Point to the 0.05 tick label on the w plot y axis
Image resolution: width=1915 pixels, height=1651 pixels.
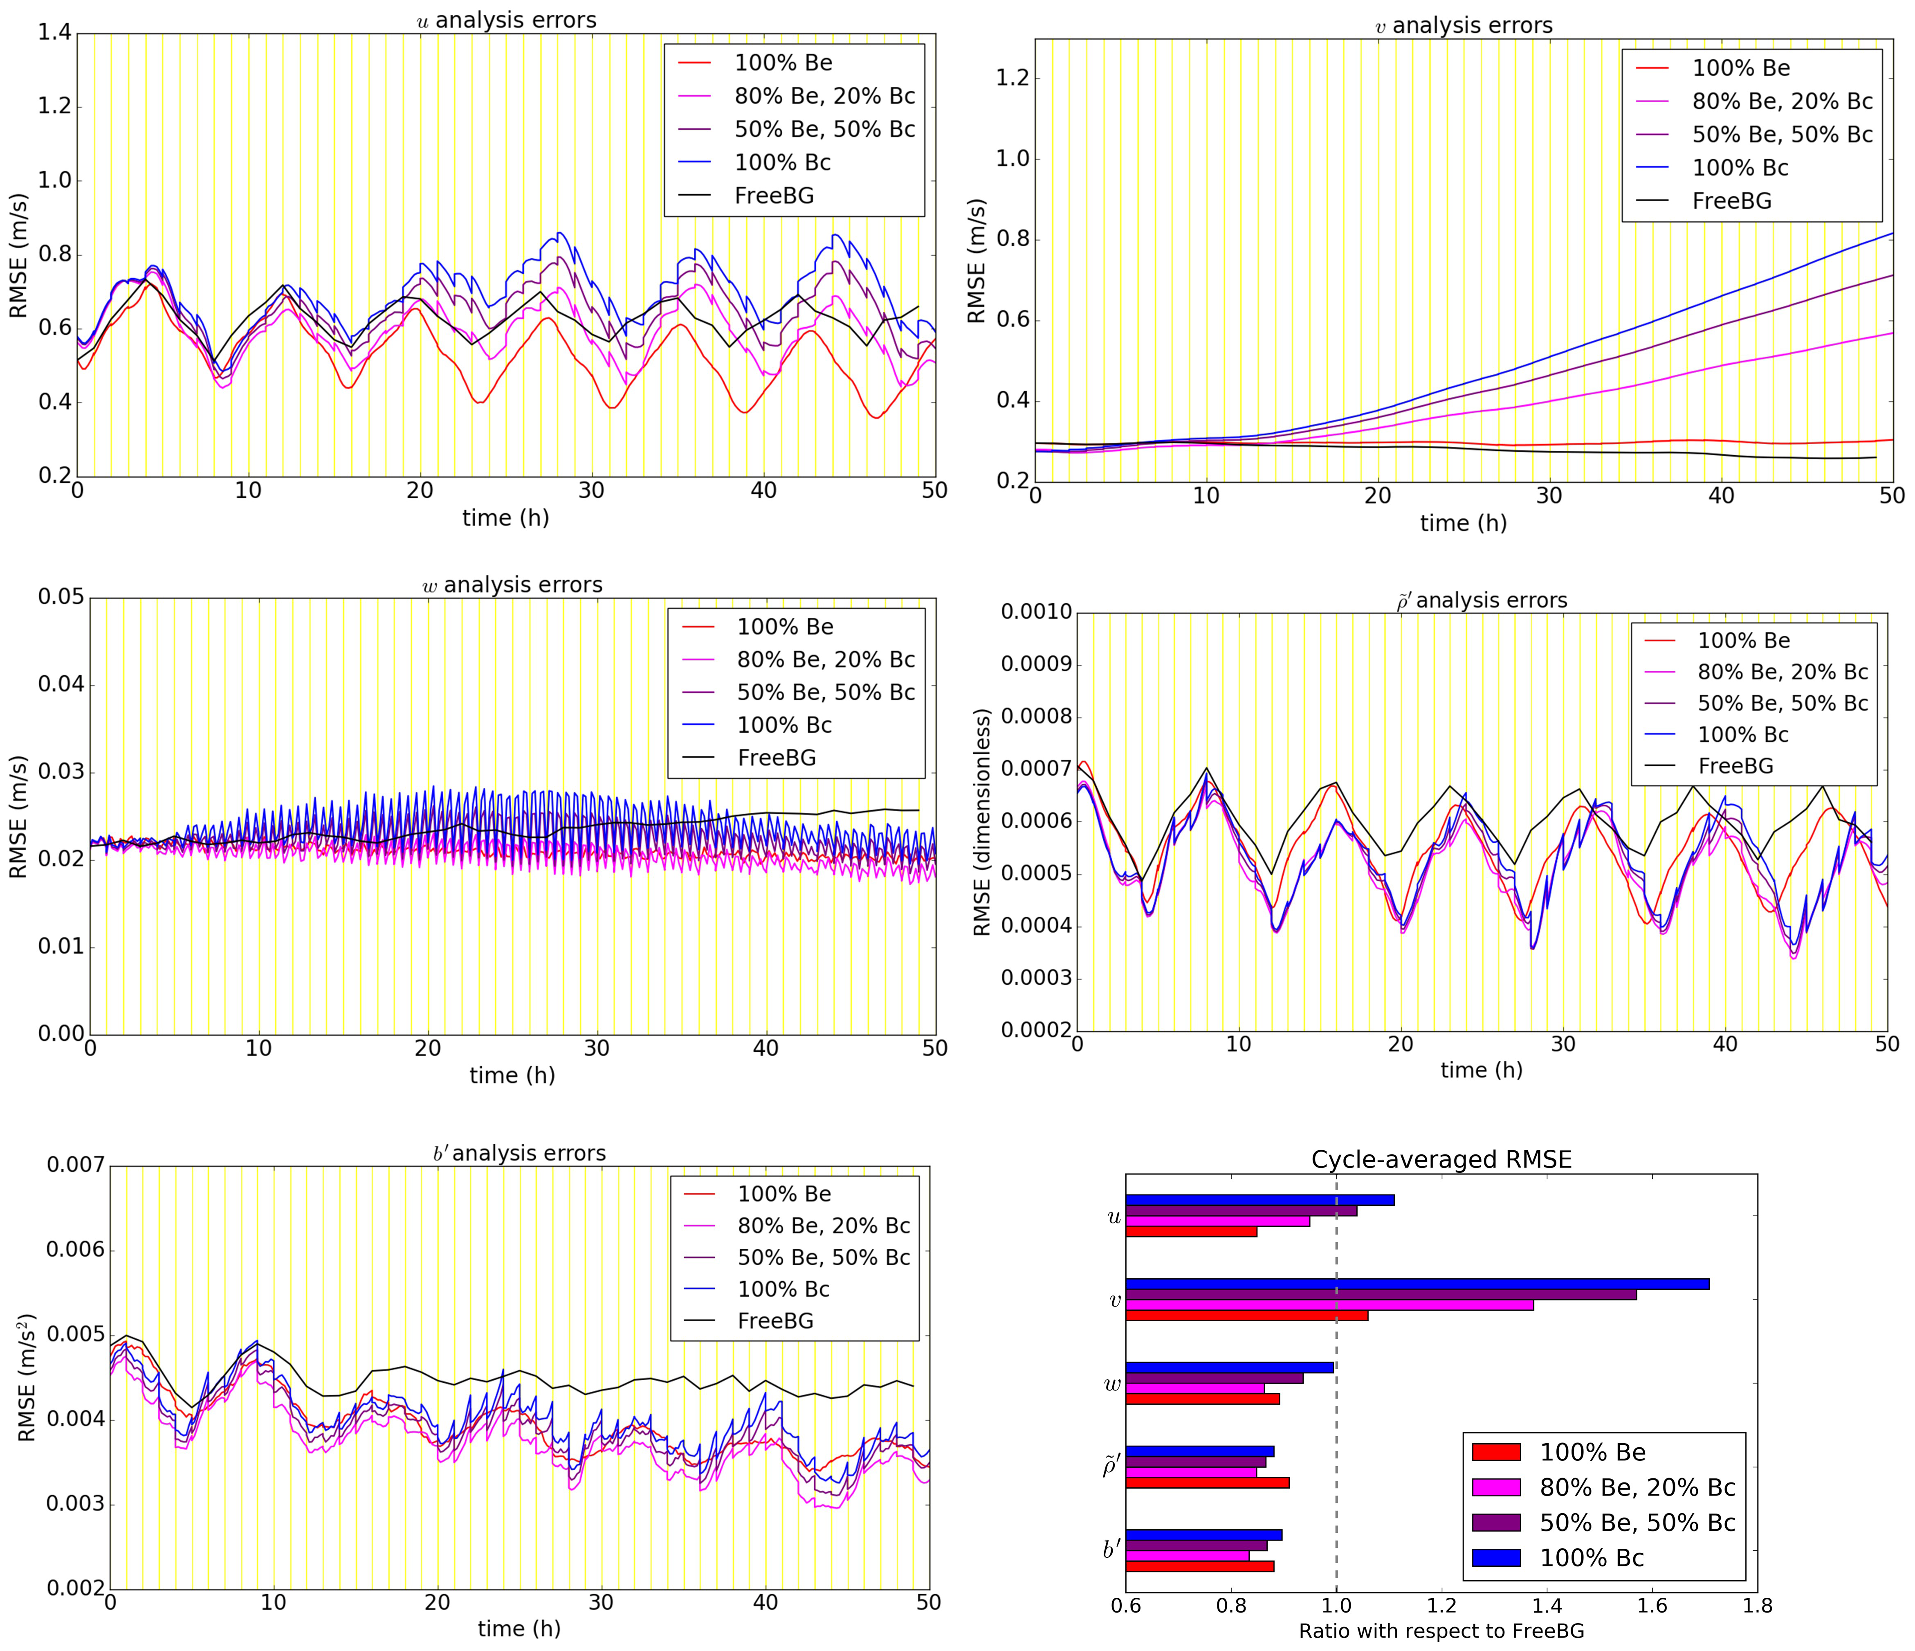[x=60, y=597]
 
